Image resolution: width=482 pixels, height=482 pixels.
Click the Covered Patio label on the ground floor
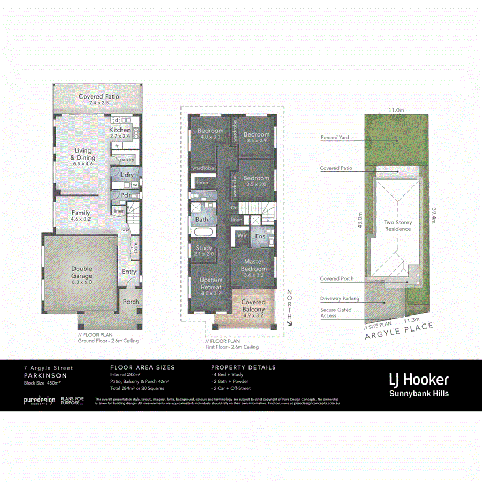pos(99,99)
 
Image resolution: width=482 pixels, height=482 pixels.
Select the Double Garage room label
pos(82,272)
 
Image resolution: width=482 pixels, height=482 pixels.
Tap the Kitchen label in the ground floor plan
pos(120,133)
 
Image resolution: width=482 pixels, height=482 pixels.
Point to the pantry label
pos(127,160)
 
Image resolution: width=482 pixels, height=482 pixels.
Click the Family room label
pos(81,216)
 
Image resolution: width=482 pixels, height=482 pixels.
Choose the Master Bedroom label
pos(253,265)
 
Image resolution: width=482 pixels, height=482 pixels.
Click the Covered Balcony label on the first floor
pos(253,306)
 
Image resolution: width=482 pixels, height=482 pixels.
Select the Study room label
pos(204,251)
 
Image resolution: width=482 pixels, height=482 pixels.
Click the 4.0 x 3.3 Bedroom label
pos(210,133)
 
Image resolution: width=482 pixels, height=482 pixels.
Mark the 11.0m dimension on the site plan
pos(396,110)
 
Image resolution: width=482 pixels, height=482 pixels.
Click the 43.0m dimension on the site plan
pos(360,220)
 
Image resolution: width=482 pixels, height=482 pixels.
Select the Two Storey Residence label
pos(398,225)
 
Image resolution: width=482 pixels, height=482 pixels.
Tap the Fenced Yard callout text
pos(335,138)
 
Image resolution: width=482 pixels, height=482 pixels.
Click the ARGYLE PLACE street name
pos(398,330)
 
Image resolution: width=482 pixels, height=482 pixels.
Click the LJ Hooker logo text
pos(419,380)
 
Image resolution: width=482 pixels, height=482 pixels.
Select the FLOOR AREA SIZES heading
pos(142,367)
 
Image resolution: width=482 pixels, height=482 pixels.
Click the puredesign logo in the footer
pos(39,401)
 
